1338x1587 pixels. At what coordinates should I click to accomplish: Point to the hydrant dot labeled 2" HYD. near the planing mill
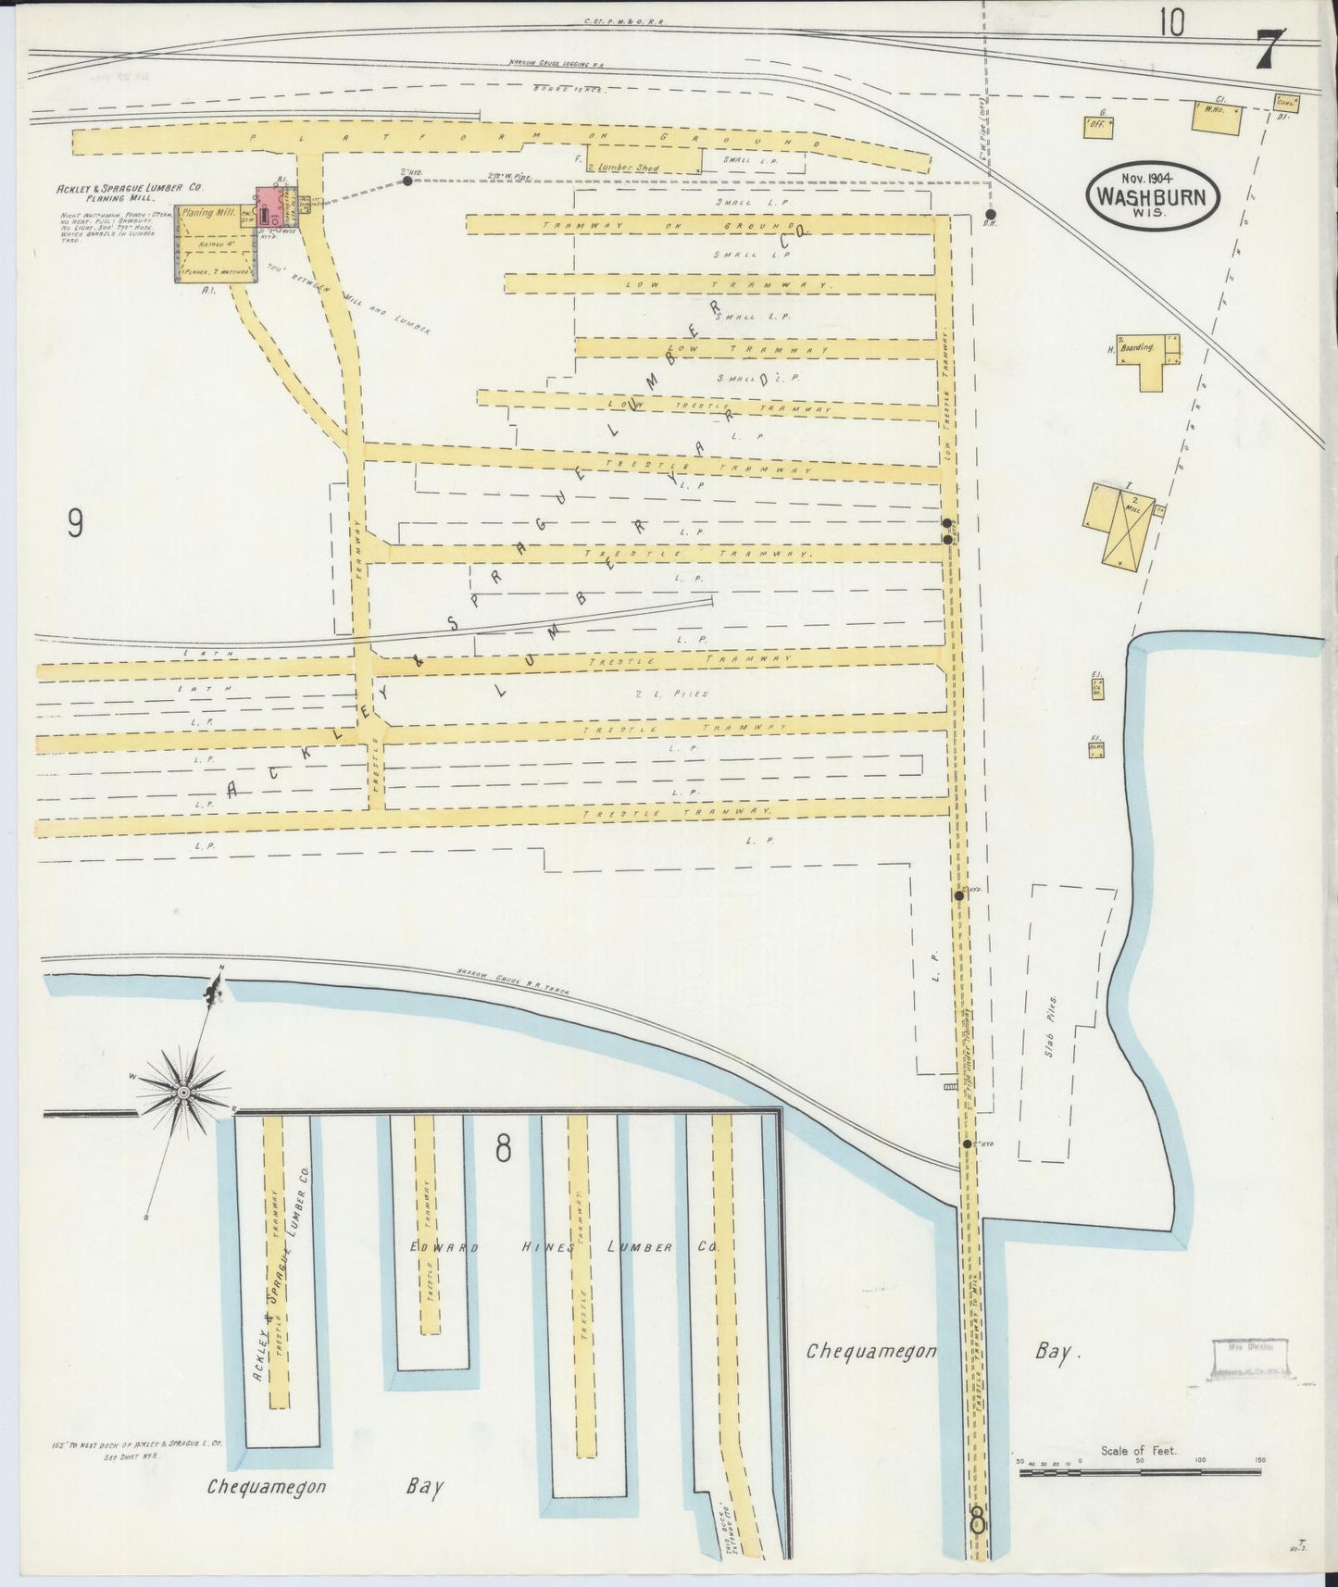(406, 181)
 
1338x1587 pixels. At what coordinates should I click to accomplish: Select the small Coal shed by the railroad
(1285, 104)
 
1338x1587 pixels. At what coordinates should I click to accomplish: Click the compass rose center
(183, 1093)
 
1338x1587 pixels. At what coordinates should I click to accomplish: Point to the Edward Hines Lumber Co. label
(565, 1248)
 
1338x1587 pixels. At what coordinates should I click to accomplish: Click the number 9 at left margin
(75, 524)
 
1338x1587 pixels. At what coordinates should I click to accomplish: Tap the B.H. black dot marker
(989, 214)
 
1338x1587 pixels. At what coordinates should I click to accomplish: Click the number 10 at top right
(1169, 23)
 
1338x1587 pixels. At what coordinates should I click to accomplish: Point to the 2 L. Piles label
(685, 694)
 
